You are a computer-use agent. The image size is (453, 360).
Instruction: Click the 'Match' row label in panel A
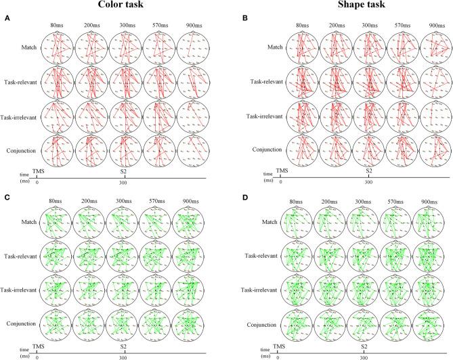coord(28,47)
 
